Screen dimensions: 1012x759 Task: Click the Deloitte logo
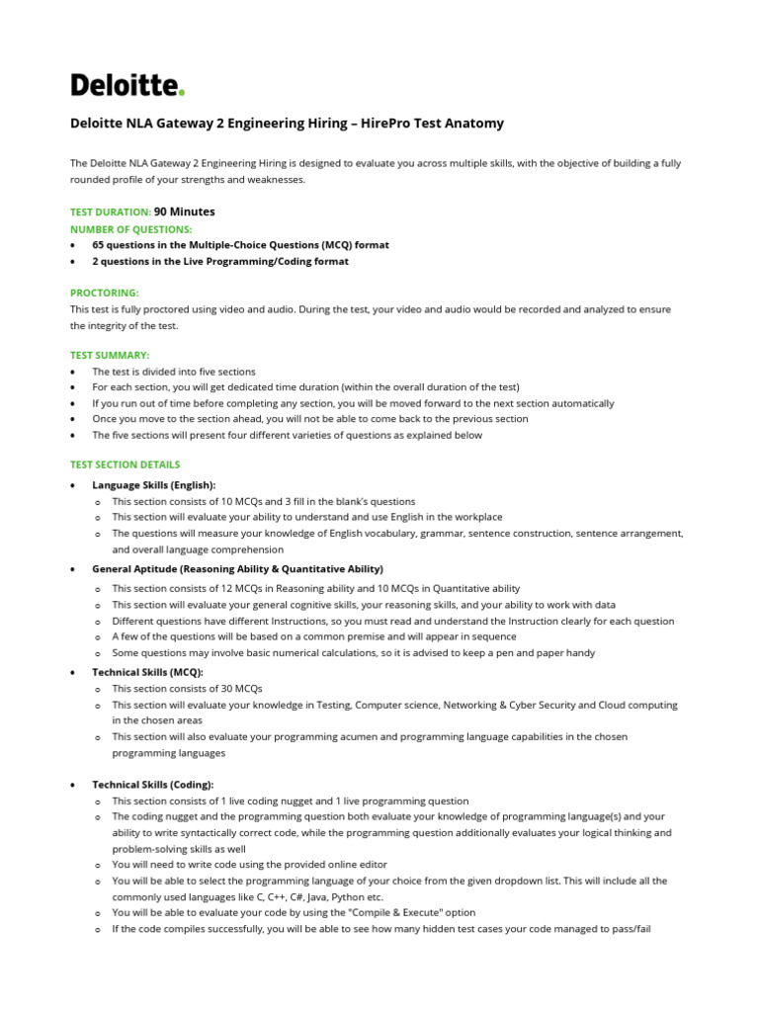click(x=126, y=85)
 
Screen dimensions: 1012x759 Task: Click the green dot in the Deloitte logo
click(x=182, y=93)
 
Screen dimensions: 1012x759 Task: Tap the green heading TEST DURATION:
click(x=111, y=211)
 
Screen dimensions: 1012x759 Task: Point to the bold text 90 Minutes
click(x=185, y=211)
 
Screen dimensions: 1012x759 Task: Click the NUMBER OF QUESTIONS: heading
click(x=130, y=228)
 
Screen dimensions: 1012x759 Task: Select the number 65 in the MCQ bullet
click(x=99, y=244)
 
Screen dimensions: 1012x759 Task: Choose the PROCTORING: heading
click(x=105, y=294)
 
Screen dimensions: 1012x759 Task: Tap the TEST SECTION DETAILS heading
click(x=126, y=464)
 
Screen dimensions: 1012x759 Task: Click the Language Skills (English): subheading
click(x=153, y=485)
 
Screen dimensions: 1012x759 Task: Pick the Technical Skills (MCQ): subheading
click(x=147, y=672)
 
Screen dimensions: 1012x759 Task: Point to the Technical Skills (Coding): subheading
click(x=152, y=784)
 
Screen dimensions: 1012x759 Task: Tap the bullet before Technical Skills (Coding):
click(x=75, y=785)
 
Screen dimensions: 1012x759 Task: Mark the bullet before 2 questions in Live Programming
click(x=74, y=262)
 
